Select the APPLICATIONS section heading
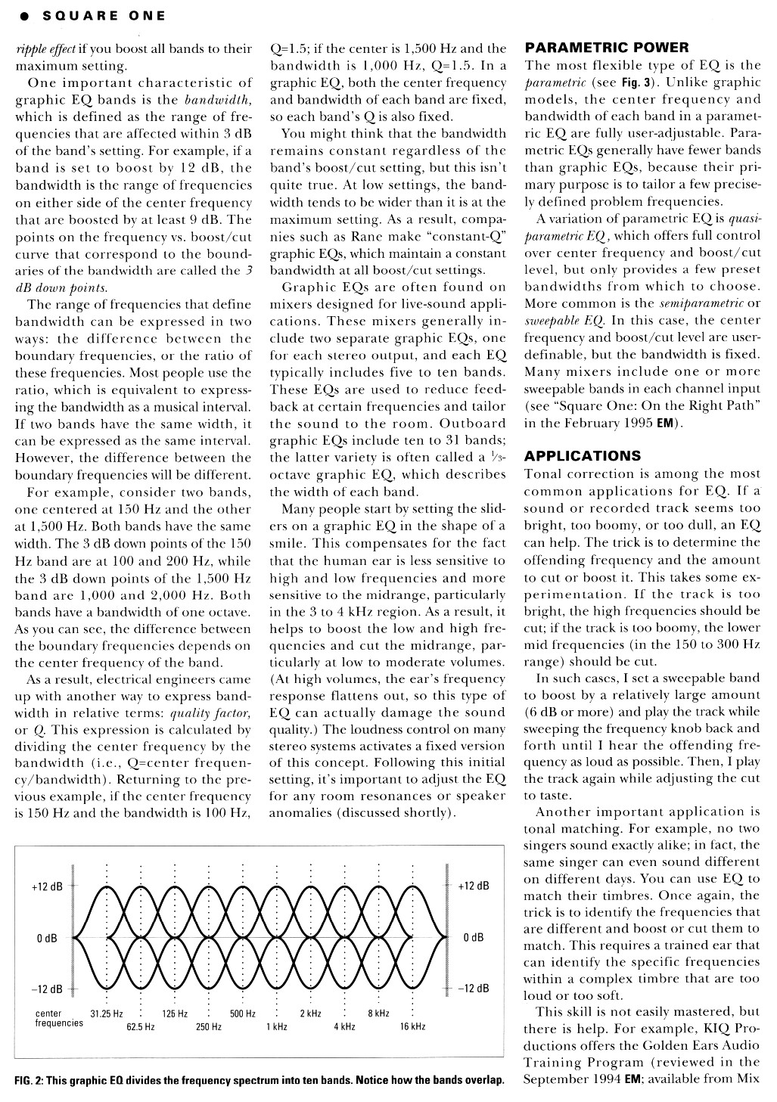(583, 455)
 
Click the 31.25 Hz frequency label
(107, 1014)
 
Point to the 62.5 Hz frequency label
(141, 1026)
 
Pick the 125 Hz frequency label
(175, 1014)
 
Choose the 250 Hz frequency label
(209, 1026)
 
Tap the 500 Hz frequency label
(242, 1014)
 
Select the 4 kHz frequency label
(344, 1026)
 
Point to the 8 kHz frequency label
(378, 1014)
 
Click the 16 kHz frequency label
(412, 1026)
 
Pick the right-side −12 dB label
(474, 989)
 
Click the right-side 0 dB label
(473, 938)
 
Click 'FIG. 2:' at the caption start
(28, 1079)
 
